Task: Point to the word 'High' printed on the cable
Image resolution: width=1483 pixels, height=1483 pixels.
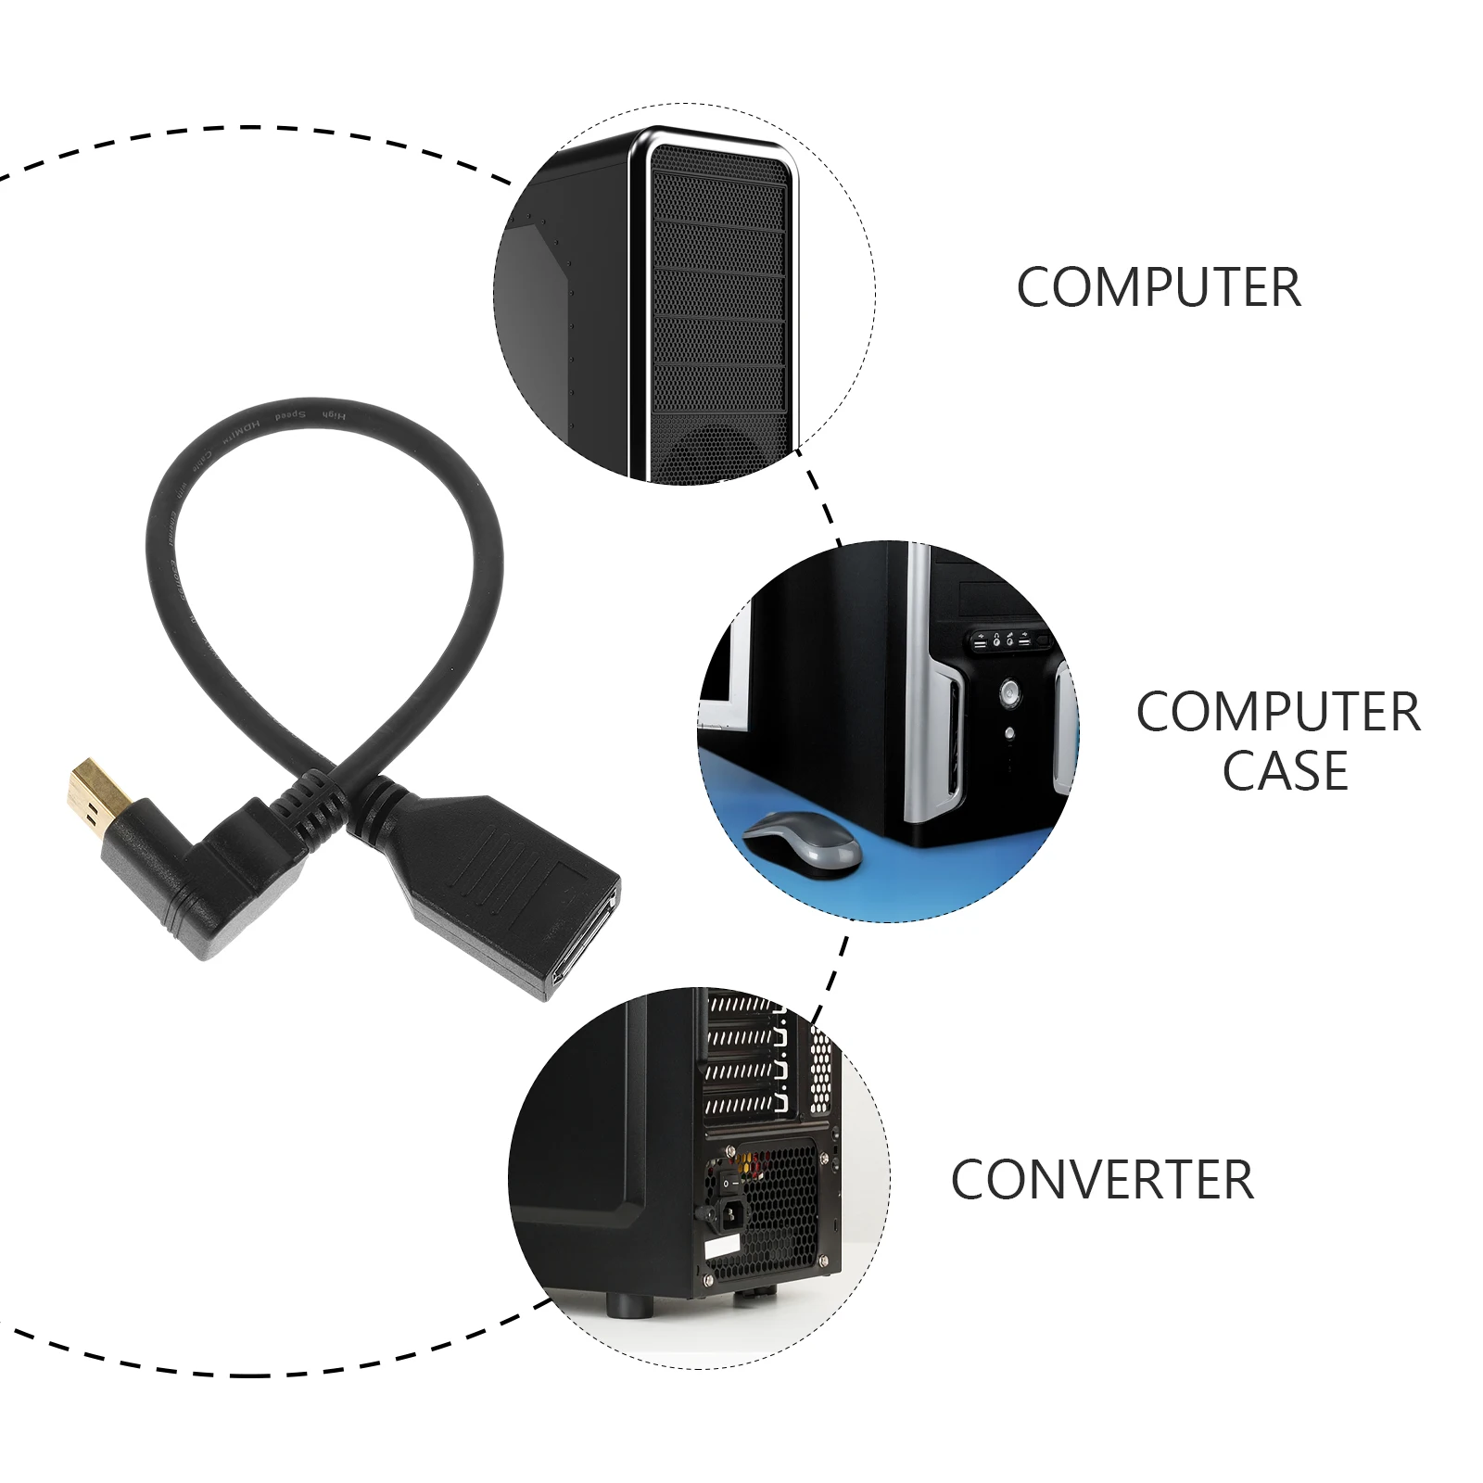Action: point(333,414)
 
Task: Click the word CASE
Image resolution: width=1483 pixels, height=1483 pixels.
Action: point(1285,771)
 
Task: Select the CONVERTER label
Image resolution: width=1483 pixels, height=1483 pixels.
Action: point(1102,1180)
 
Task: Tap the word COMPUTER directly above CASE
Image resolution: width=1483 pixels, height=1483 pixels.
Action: point(1278,712)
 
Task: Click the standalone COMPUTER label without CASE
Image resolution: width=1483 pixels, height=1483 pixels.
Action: point(1159,287)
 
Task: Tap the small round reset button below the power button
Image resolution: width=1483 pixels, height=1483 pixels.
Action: point(1009,733)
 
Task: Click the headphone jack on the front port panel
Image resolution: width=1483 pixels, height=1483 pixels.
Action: point(996,640)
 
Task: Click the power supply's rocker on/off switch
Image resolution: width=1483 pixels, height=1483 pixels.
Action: point(732,1183)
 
